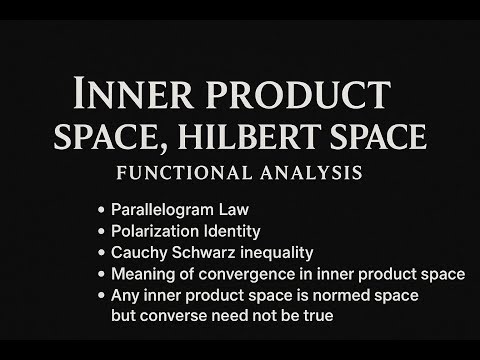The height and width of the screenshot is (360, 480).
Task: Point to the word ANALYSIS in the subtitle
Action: (311, 172)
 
